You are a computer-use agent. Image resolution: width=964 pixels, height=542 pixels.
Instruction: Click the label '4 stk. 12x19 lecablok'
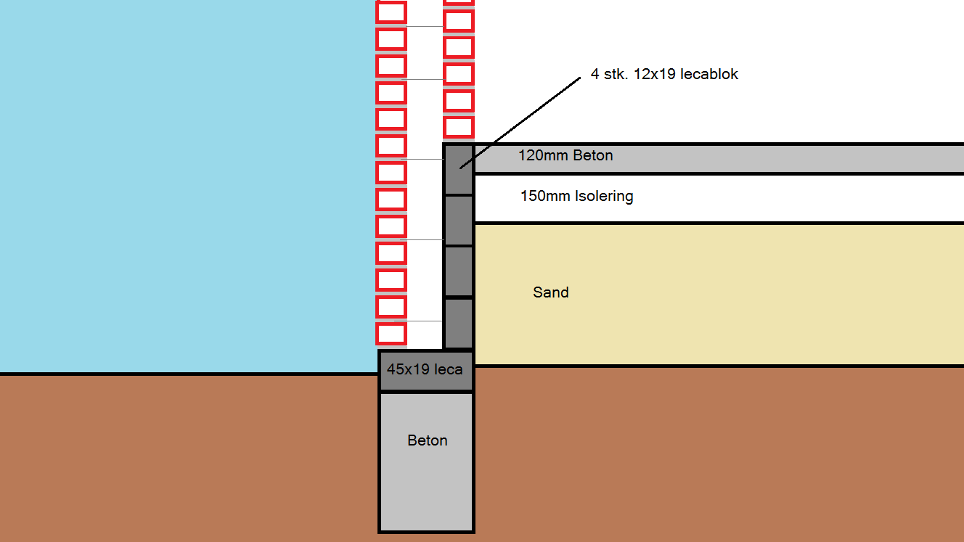[664, 74]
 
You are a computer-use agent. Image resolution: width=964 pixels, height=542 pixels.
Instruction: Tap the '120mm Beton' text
[565, 155]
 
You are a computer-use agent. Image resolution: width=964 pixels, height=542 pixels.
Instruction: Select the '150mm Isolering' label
[576, 196]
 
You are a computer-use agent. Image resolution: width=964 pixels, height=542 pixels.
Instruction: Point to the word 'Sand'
[551, 292]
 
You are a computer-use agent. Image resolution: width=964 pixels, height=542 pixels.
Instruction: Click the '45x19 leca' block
[425, 370]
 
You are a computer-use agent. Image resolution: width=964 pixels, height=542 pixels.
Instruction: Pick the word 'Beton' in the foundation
[428, 440]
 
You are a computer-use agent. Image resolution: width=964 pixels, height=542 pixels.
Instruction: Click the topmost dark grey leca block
[458, 169]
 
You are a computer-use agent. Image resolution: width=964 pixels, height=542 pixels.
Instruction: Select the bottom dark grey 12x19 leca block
[458, 324]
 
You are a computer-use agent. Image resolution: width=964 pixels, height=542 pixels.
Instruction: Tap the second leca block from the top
[458, 221]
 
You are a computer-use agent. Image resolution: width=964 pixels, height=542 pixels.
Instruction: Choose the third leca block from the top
[458, 272]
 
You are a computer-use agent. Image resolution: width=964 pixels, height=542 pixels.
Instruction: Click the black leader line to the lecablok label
[520, 122]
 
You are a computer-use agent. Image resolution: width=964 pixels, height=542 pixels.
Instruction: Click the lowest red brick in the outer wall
[391, 334]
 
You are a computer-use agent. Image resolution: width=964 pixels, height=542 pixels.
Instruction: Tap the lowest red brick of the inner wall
[459, 127]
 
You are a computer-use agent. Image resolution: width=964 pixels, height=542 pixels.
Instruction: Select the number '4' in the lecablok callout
[595, 74]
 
